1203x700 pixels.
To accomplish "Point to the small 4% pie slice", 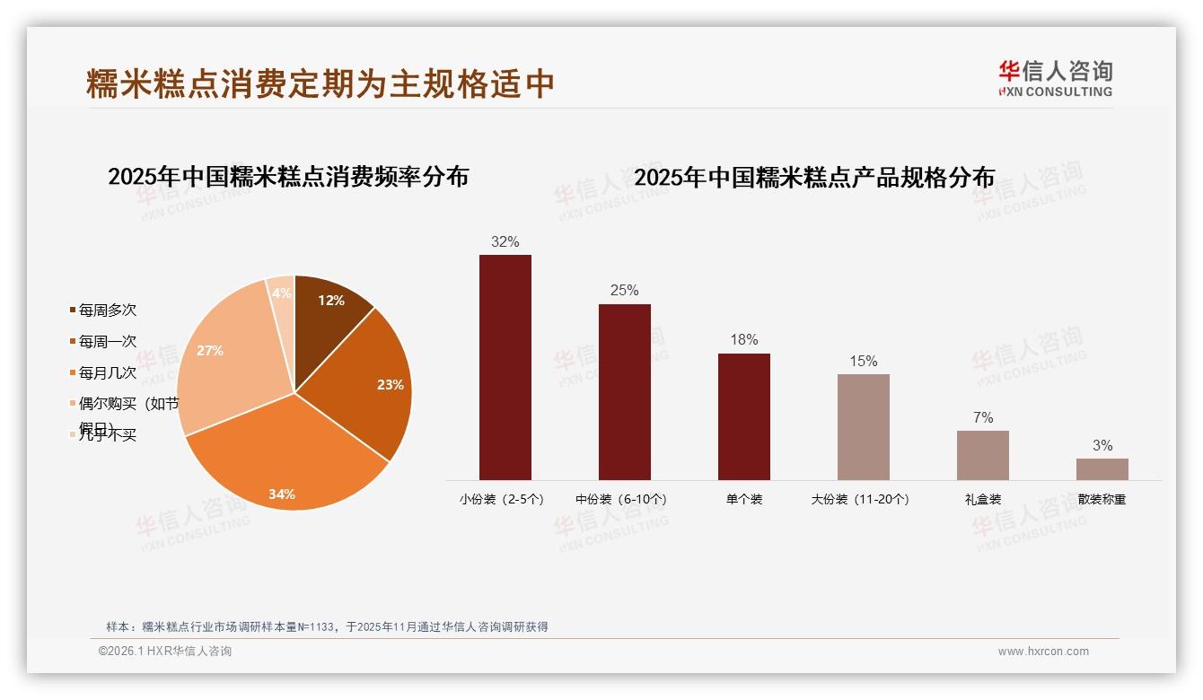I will [282, 293].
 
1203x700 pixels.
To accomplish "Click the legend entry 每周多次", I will [107, 311].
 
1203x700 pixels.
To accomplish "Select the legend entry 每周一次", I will [107, 342].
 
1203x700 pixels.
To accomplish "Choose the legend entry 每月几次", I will [107, 372].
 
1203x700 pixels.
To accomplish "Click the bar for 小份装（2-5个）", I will [505, 368].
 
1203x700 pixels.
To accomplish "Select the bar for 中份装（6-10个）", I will [624, 392].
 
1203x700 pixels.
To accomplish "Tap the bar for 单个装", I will [743, 416].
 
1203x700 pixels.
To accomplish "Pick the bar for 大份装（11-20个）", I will [863, 427].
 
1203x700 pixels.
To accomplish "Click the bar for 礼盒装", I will [982, 455].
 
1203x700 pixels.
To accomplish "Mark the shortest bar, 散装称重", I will [1102, 469].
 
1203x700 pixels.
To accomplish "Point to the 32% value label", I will [505, 241].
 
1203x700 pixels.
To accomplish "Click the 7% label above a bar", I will [982, 417].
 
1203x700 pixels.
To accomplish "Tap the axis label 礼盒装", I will [982, 500].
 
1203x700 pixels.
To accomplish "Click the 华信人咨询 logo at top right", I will [1055, 78].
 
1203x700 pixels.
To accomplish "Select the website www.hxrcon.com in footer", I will [1043, 652].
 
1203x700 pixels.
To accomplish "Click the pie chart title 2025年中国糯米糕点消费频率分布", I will [288, 177].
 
